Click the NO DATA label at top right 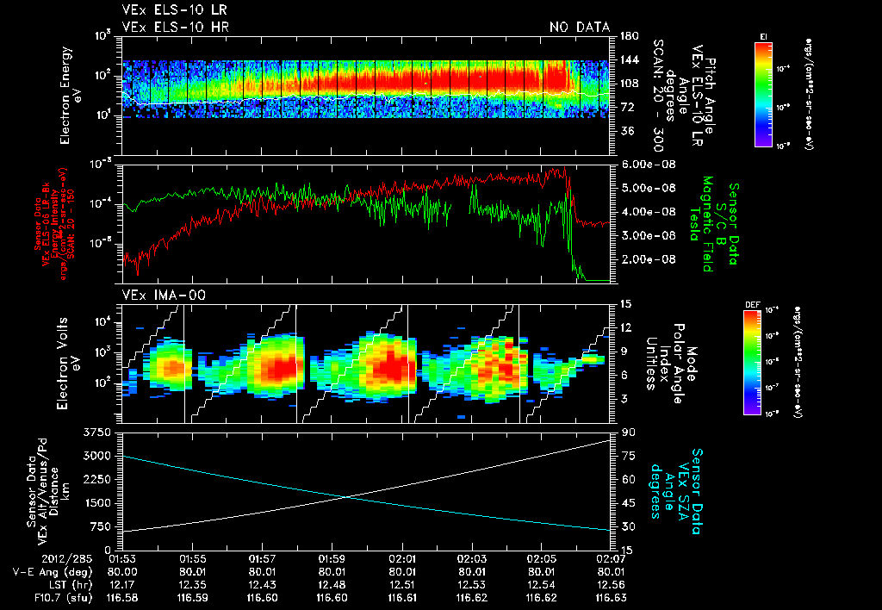(x=580, y=27)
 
